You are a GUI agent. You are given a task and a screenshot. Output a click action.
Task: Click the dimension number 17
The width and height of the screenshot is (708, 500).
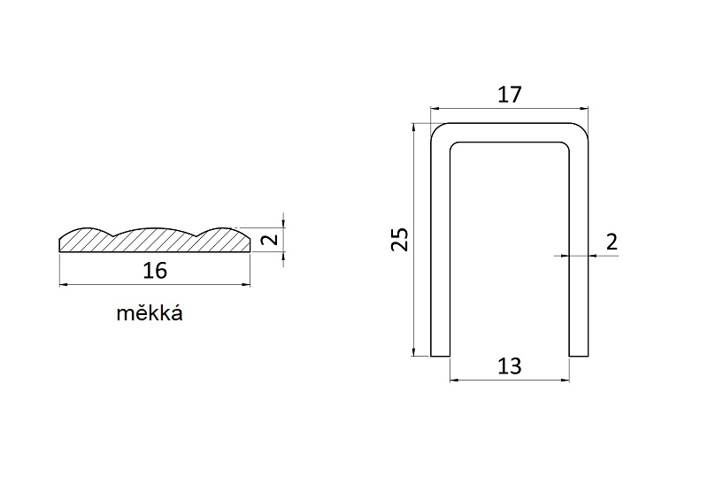510,95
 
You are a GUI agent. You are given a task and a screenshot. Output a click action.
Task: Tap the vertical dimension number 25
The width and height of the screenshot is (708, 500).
400,239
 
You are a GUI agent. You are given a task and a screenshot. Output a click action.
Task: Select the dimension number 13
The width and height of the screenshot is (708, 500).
510,366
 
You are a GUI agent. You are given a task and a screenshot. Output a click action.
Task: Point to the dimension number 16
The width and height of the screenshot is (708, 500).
155,271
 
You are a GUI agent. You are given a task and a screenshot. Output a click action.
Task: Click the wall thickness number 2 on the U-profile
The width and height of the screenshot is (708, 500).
612,242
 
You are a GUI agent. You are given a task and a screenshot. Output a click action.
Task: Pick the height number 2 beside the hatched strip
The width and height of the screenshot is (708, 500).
271,238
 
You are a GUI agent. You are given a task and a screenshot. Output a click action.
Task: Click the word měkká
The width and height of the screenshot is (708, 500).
150,313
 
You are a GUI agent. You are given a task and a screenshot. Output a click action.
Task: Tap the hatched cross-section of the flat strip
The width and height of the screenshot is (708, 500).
154,241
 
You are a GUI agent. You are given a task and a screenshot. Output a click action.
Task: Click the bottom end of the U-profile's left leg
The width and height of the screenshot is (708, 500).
440,356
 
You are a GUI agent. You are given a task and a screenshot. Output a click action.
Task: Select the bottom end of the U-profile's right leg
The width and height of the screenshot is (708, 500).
579,356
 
